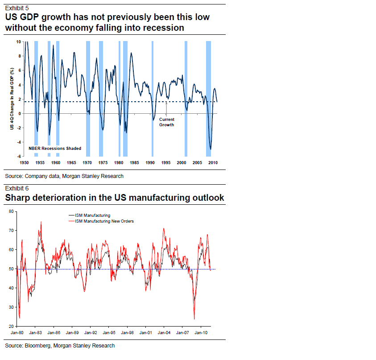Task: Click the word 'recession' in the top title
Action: click(x=162, y=28)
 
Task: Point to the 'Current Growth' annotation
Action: click(x=166, y=122)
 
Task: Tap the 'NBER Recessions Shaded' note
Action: click(x=55, y=148)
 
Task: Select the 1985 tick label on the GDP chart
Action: click(x=134, y=162)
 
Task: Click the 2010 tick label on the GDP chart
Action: click(x=213, y=162)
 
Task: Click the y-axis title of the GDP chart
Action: click(x=12, y=99)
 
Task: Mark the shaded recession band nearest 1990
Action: click(x=153, y=98)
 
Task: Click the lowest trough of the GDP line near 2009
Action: click(x=211, y=149)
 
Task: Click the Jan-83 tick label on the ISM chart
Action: click(x=35, y=332)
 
